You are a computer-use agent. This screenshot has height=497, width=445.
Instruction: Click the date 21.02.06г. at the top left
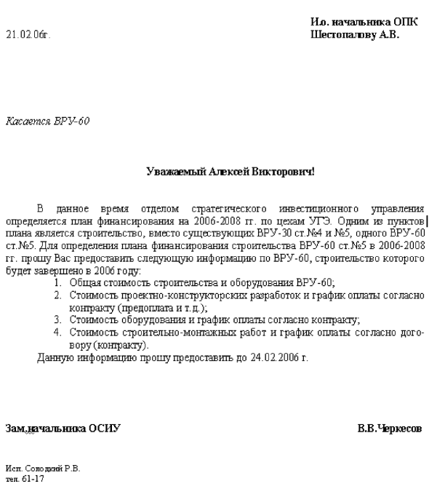(x=28, y=34)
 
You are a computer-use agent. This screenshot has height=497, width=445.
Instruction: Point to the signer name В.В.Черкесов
(x=389, y=429)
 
